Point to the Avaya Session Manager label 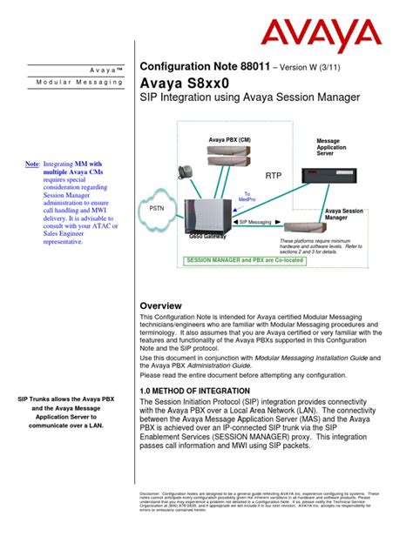[344, 215]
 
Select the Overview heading [160, 306]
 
